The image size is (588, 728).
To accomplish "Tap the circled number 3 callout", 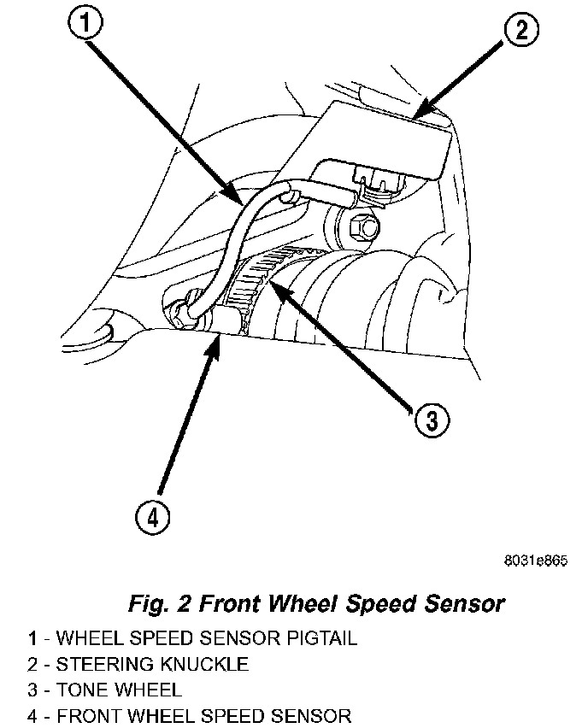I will (432, 420).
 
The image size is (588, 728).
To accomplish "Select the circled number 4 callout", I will (151, 517).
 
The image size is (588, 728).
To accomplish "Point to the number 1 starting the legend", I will (32, 638).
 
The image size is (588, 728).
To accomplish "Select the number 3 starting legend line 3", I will (32, 690).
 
